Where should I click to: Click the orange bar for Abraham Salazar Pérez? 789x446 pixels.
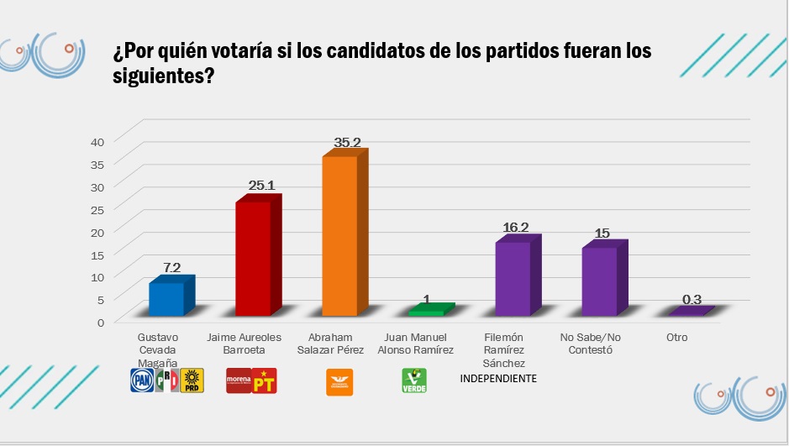pos(339,235)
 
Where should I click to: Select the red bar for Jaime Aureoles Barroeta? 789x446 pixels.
pos(253,258)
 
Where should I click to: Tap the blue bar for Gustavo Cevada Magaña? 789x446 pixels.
pos(166,298)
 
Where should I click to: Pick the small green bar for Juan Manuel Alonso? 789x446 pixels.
pos(426,311)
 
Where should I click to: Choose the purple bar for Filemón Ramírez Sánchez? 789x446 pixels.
pos(513,278)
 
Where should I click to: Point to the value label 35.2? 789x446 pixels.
pos(347,143)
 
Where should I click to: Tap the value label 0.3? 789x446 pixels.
pos(692,298)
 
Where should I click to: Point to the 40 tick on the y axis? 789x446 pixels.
pos(97,141)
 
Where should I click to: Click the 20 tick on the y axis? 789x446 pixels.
pos(97,231)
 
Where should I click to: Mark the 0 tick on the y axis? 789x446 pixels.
pos(101,321)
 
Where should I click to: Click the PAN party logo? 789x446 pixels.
pos(140,381)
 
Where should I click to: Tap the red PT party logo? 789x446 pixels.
pos(266,381)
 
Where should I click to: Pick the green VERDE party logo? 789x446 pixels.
pos(413,381)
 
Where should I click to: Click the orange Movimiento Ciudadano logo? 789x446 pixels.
pos(339,382)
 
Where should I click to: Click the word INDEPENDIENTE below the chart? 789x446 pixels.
pos(498,379)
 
